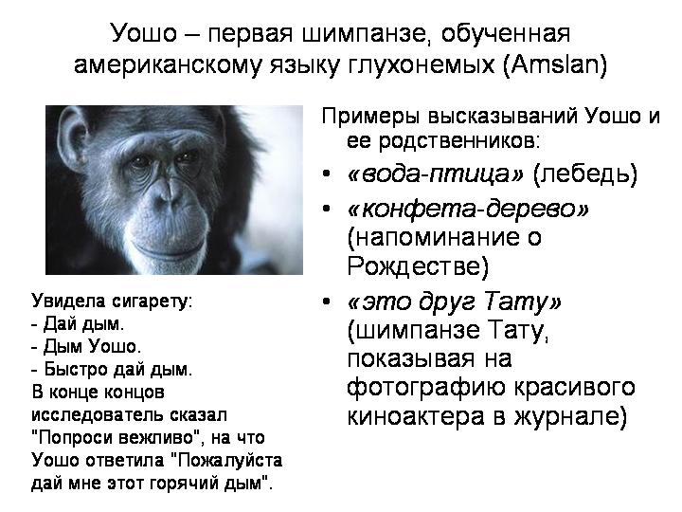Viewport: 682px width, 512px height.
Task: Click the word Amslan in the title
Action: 554,65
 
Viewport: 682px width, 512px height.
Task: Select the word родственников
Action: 459,141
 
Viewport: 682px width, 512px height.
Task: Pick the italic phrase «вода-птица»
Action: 436,174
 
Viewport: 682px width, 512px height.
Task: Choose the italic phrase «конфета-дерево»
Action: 469,210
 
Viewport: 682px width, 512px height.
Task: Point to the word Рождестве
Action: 418,266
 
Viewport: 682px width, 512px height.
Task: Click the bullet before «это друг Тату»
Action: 327,301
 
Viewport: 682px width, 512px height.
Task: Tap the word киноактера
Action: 416,416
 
